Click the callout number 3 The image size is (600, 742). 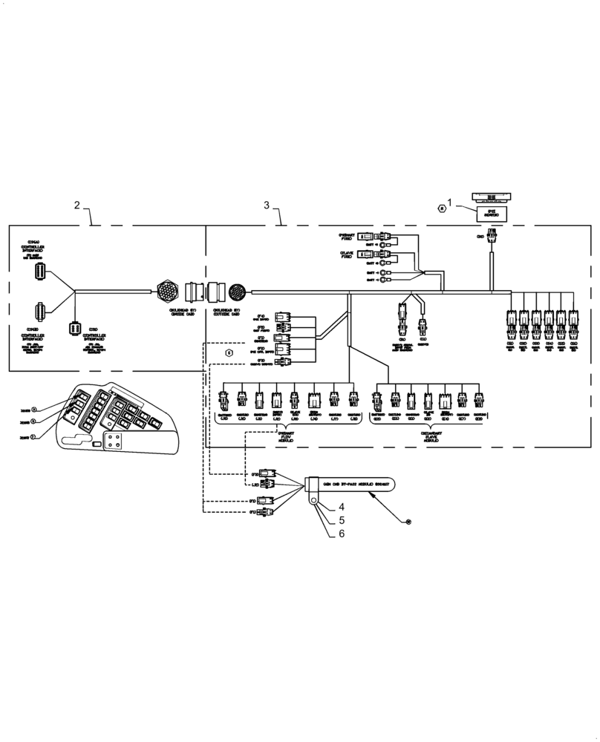point(267,205)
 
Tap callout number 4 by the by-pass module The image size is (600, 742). point(342,507)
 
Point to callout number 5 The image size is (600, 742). point(342,520)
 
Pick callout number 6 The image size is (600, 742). point(342,533)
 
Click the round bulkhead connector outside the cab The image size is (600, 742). point(240,292)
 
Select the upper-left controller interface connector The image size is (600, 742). point(40,272)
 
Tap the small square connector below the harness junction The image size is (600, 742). point(74,329)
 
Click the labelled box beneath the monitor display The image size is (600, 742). point(491,214)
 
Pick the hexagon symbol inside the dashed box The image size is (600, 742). point(229,353)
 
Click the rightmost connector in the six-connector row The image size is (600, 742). point(573,320)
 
